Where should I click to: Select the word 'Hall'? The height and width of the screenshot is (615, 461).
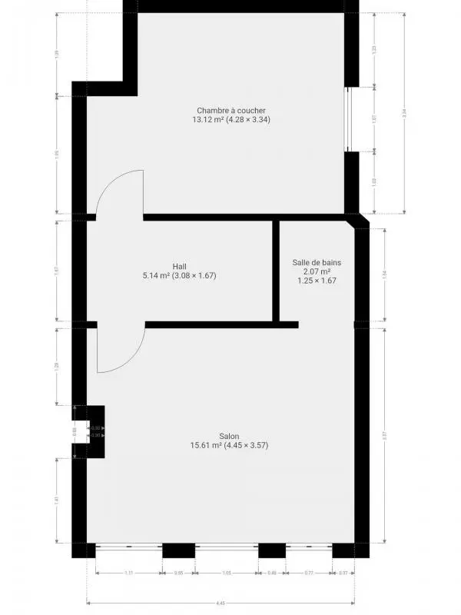point(179,266)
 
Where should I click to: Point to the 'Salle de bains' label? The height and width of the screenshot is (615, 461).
point(317,262)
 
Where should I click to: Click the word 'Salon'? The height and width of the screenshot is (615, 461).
point(229,435)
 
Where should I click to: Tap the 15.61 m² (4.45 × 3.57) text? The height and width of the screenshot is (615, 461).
point(229,445)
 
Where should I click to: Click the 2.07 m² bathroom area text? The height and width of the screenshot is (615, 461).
point(317,271)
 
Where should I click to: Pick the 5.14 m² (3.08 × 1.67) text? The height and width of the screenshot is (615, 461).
point(179,275)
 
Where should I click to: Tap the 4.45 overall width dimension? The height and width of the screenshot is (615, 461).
point(221,603)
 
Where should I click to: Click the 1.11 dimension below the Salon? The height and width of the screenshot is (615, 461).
point(129,573)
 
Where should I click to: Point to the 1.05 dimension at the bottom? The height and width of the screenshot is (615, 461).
point(227,573)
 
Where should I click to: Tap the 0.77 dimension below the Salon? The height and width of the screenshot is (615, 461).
point(307,573)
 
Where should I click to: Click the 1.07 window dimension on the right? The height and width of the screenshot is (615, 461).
point(374,119)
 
